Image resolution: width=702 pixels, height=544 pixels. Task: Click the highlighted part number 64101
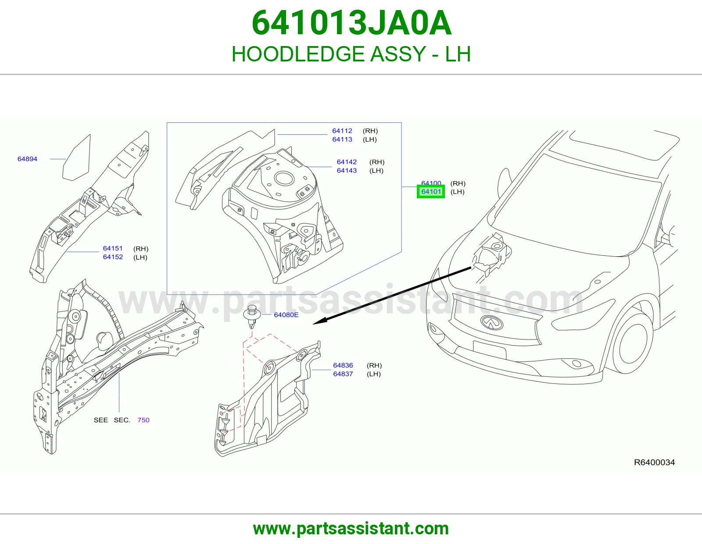(x=431, y=192)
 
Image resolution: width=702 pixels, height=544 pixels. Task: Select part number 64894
(x=28, y=159)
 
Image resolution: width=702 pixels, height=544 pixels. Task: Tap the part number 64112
(x=342, y=131)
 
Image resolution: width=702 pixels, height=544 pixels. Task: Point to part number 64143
(x=347, y=171)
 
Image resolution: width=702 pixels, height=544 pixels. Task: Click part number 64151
(x=113, y=248)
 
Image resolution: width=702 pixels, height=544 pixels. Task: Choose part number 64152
(x=113, y=257)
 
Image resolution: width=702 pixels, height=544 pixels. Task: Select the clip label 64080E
(x=286, y=315)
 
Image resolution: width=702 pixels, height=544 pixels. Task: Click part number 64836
(x=343, y=365)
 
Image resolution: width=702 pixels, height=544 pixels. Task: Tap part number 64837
(x=343, y=374)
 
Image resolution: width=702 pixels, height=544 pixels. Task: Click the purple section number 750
(x=143, y=420)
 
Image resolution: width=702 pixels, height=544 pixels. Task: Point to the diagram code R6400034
(x=654, y=462)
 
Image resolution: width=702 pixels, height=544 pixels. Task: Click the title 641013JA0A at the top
(x=351, y=23)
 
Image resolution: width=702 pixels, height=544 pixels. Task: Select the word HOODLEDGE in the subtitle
(x=298, y=54)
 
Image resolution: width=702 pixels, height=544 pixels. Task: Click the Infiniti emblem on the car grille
(x=492, y=322)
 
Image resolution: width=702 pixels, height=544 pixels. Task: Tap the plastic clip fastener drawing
(x=252, y=317)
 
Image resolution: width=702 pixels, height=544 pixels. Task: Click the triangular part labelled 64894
(x=77, y=158)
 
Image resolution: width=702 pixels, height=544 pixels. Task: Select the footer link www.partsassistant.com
(x=351, y=529)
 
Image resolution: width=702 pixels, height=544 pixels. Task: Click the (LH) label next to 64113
(x=370, y=140)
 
